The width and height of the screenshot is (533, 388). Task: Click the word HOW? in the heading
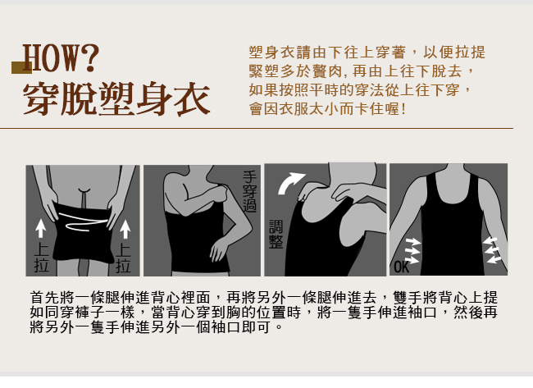pyautogui.click(x=61, y=57)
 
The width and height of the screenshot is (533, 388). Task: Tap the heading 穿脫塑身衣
pyautogui.click(x=116, y=99)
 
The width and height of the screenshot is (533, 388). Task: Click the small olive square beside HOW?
pyautogui.click(x=22, y=67)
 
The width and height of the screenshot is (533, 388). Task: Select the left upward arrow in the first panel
pyautogui.click(x=41, y=228)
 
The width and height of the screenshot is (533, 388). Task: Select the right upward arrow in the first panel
pyautogui.click(x=125, y=229)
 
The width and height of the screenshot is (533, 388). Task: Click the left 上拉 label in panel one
pyautogui.click(x=42, y=258)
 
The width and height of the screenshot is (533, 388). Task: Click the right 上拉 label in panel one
pyautogui.click(x=123, y=258)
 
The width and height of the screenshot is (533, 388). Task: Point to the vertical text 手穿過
pyautogui.click(x=249, y=192)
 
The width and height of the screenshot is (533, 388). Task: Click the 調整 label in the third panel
pyautogui.click(x=276, y=235)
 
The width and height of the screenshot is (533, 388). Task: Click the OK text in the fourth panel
pyautogui.click(x=402, y=267)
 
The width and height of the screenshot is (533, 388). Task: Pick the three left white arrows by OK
pyautogui.click(x=412, y=251)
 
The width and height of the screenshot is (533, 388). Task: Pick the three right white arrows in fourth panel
pyautogui.click(x=492, y=250)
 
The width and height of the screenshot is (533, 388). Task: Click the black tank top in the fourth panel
pyautogui.click(x=452, y=231)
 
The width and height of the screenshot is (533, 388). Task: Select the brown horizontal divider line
pyautogui.click(x=257, y=129)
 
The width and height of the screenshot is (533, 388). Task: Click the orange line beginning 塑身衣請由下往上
pyautogui.click(x=367, y=52)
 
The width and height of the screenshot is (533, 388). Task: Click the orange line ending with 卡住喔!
pyautogui.click(x=327, y=109)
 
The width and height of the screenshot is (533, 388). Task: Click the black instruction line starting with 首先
pyautogui.click(x=264, y=297)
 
